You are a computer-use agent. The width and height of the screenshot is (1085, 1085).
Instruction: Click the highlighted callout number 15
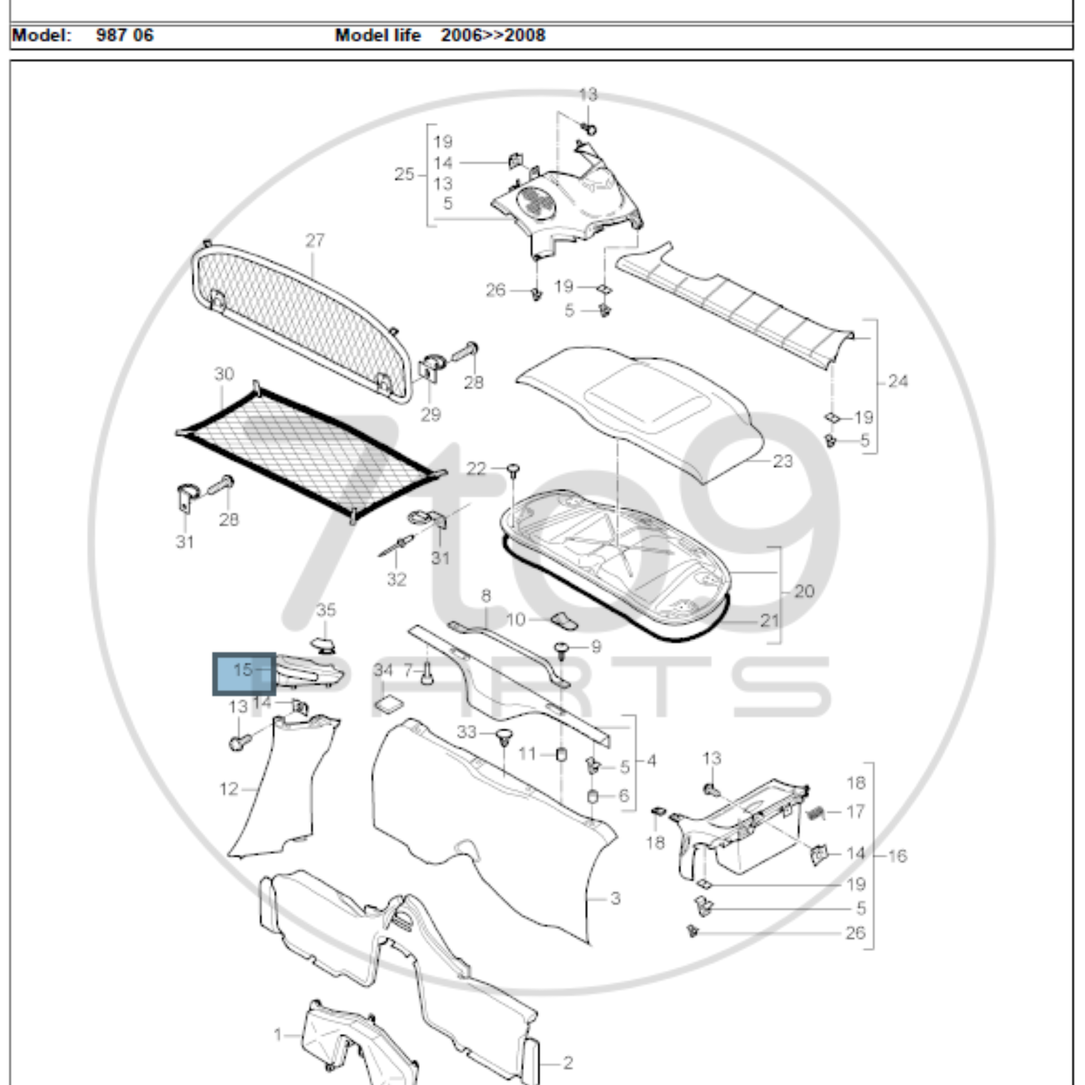(x=243, y=670)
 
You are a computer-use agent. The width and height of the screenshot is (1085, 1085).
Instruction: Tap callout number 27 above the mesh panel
(x=315, y=241)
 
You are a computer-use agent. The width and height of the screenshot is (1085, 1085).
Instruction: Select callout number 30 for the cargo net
(x=224, y=374)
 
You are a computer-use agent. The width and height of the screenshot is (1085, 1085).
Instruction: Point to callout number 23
(x=783, y=461)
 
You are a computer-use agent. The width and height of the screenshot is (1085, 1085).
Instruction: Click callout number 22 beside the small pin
(x=476, y=468)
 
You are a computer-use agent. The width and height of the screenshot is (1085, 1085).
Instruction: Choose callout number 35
(x=326, y=610)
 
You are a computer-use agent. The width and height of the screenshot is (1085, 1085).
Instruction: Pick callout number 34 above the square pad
(x=384, y=670)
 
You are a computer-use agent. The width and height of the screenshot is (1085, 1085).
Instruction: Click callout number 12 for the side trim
(x=228, y=789)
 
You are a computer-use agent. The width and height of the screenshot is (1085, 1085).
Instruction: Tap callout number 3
(x=616, y=899)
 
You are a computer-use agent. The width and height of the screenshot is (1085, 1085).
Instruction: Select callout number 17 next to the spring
(x=855, y=812)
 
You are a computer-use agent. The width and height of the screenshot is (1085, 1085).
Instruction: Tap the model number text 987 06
(x=124, y=35)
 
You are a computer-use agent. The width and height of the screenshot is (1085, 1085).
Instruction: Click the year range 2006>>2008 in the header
(x=493, y=35)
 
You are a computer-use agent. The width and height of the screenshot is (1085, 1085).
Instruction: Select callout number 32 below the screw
(x=396, y=579)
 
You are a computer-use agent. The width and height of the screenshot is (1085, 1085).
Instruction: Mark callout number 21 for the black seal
(x=769, y=620)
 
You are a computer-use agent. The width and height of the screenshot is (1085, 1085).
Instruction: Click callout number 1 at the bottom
(x=278, y=1035)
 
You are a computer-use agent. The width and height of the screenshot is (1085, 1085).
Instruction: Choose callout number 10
(x=515, y=619)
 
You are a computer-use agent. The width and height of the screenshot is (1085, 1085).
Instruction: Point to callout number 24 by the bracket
(x=898, y=382)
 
